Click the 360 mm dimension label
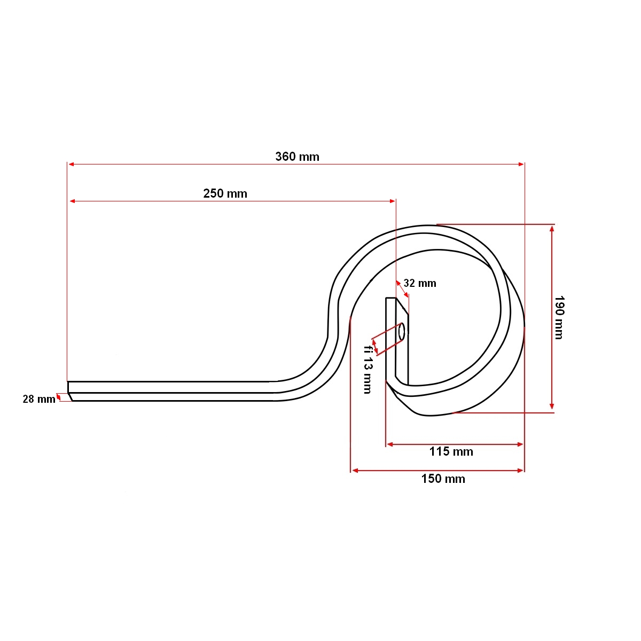point(297,157)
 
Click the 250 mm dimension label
point(225,193)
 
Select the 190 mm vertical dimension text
point(559,318)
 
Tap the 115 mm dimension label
point(451,452)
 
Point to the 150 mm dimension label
point(443,479)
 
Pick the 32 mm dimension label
point(420,284)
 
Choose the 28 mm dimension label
point(39,399)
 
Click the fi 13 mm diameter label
point(368,370)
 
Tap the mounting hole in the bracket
point(402,331)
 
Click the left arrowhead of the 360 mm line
point(71,164)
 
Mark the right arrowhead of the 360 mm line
point(521,164)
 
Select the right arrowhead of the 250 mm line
point(393,201)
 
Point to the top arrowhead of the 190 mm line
point(552,228)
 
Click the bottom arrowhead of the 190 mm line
point(552,407)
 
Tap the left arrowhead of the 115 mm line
point(390,444)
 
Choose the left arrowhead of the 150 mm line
point(355,471)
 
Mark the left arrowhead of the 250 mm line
point(73,201)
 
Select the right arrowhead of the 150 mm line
point(521,471)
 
